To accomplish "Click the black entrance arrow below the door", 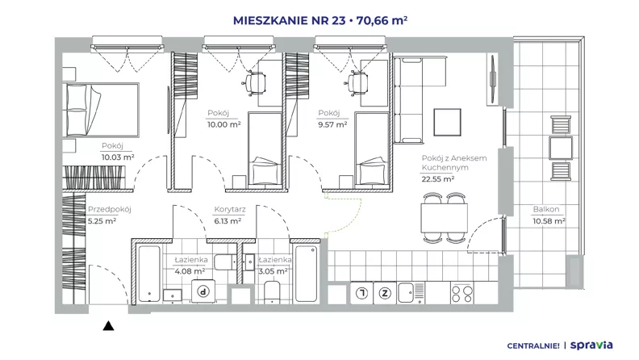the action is pyautogui.click(x=108, y=325).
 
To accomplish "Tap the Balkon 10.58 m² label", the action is pyautogui.click(x=549, y=216).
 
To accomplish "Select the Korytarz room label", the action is pyautogui.click(x=230, y=210).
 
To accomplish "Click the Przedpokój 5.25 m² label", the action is pyautogui.click(x=109, y=216).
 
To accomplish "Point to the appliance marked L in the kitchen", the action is pyautogui.click(x=362, y=293).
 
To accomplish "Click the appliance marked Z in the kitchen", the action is pyautogui.click(x=385, y=293).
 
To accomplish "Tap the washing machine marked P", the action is pyautogui.click(x=203, y=291).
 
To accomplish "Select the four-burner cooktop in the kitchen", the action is pyautogui.click(x=462, y=293).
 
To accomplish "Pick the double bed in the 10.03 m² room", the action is pyautogui.click(x=101, y=110).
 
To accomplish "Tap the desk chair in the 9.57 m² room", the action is pyautogui.click(x=358, y=83).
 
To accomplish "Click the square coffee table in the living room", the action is pyautogui.click(x=447, y=122).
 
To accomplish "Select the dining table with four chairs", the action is pyautogui.click(x=444, y=218).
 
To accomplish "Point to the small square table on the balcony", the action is pyautogui.click(x=561, y=148).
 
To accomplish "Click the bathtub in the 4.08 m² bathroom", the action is pyautogui.click(x=148, y=273).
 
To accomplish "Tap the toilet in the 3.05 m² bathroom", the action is pyautogui.click(x=272, y=292).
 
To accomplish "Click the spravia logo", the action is pyautogui.click(x=591, y=345).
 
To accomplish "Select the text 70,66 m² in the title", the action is pyautogui.click(x=382, y=20).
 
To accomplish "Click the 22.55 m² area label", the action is pyautogui.click(x=437, y=178).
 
